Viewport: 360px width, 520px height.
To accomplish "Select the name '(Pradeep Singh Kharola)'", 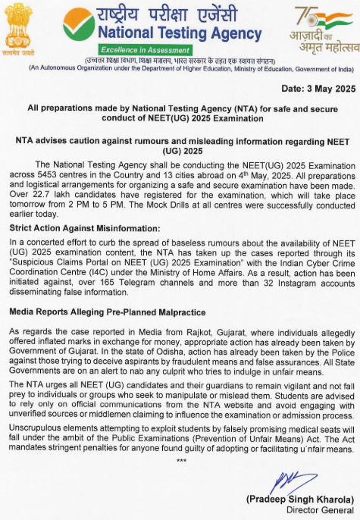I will [x=299, y=500].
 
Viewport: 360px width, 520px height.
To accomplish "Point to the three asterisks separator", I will [x=181, y=460].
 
